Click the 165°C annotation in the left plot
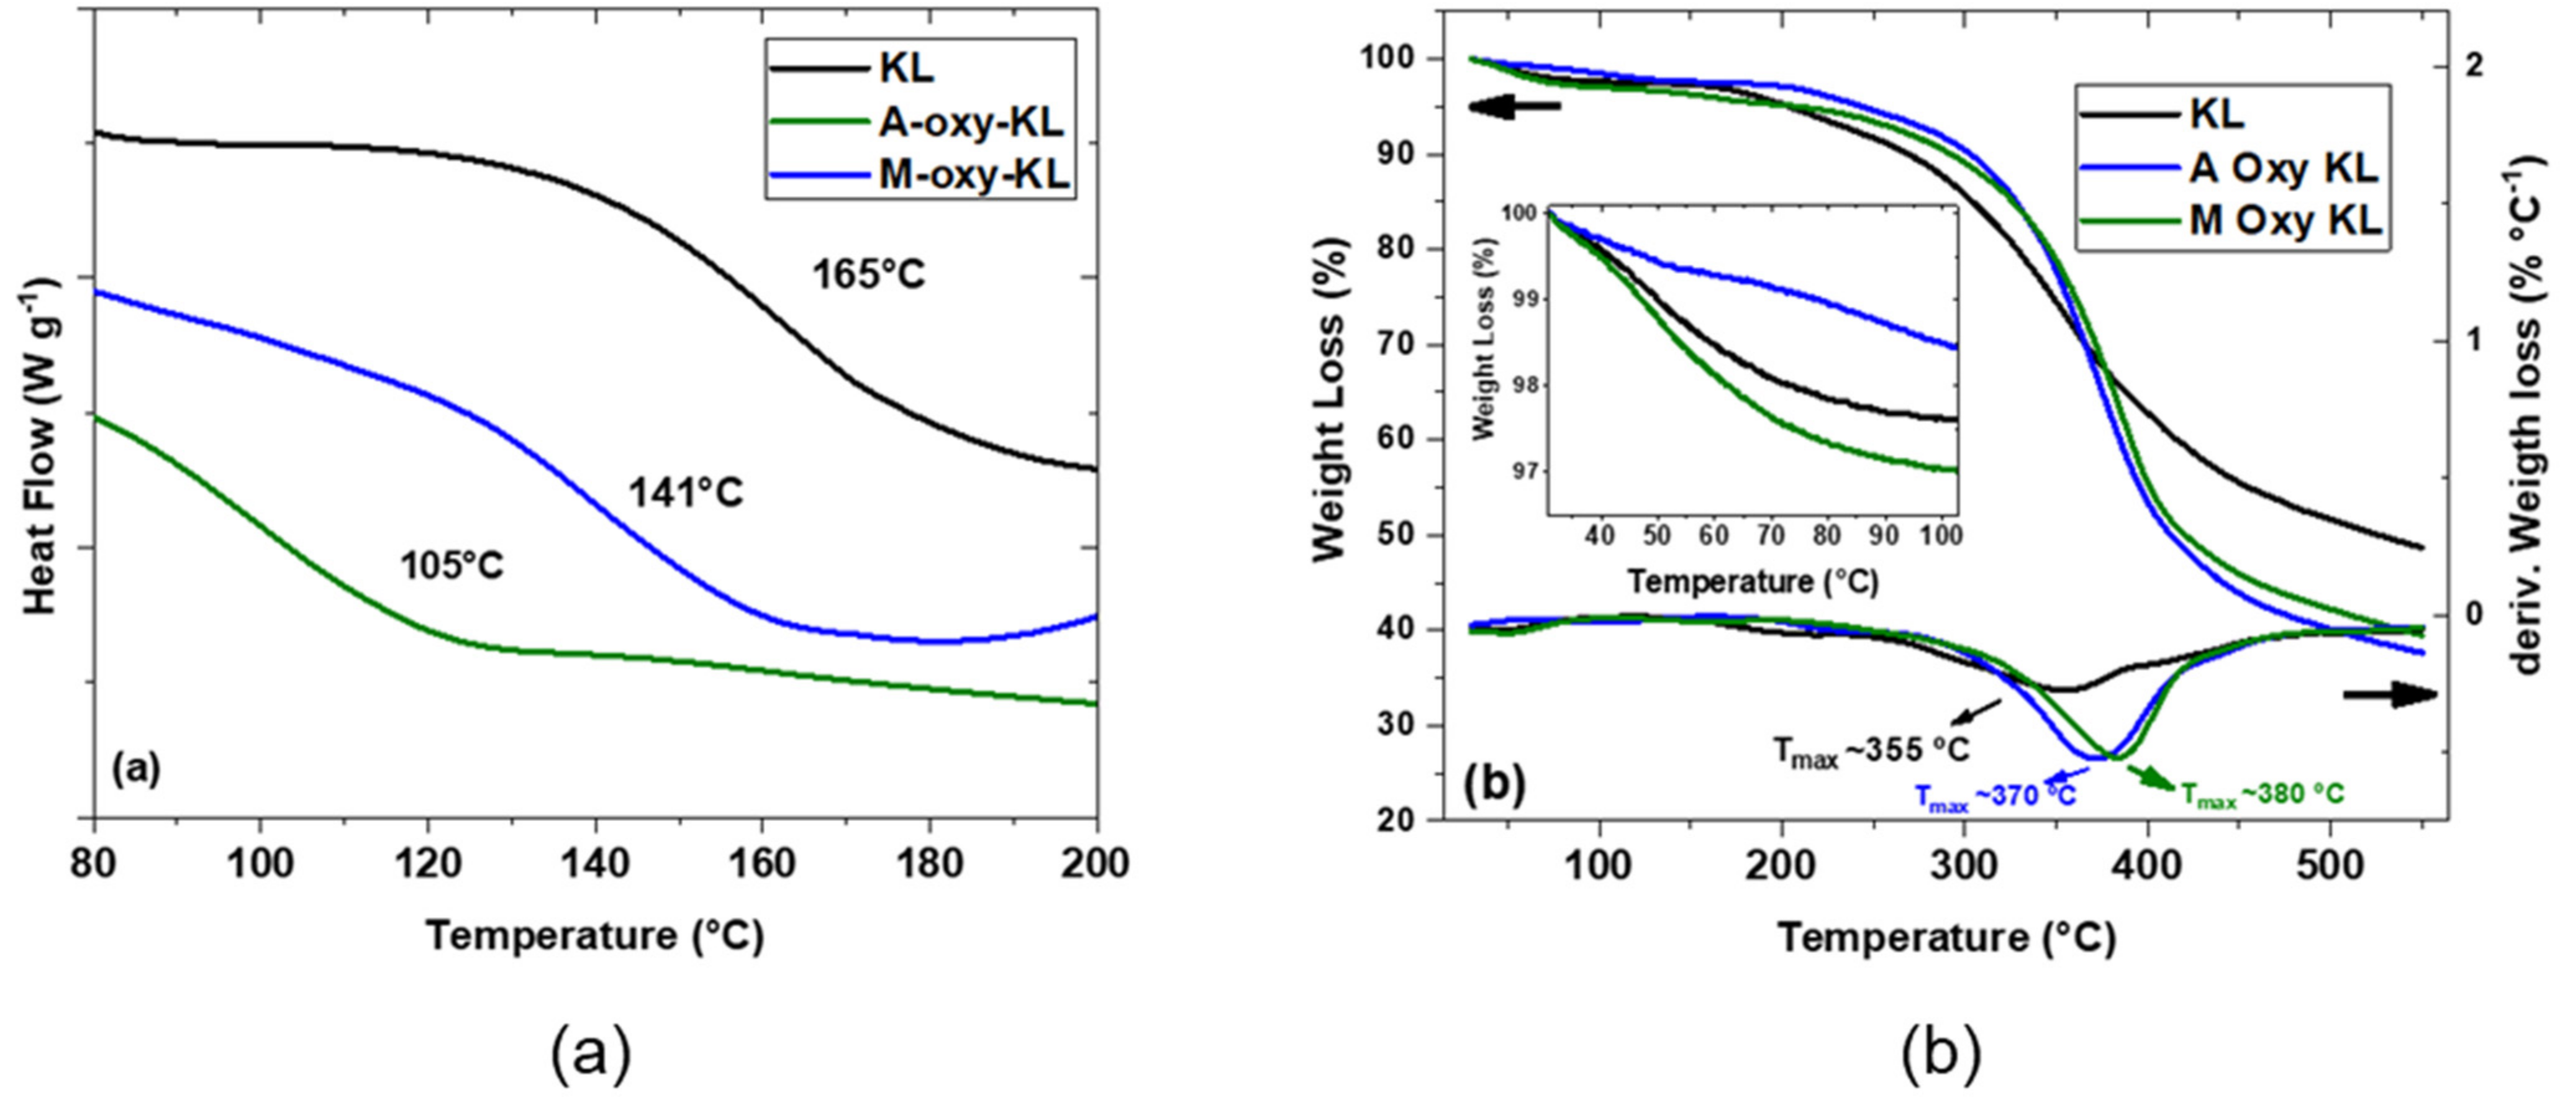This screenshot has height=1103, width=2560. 869,275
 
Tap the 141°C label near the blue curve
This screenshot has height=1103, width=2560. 686,493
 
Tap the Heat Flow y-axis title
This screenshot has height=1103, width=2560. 40,444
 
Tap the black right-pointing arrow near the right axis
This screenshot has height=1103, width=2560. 2390,694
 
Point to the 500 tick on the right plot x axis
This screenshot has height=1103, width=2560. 2330,865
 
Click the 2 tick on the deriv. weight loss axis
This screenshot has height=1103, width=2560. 2474,66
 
